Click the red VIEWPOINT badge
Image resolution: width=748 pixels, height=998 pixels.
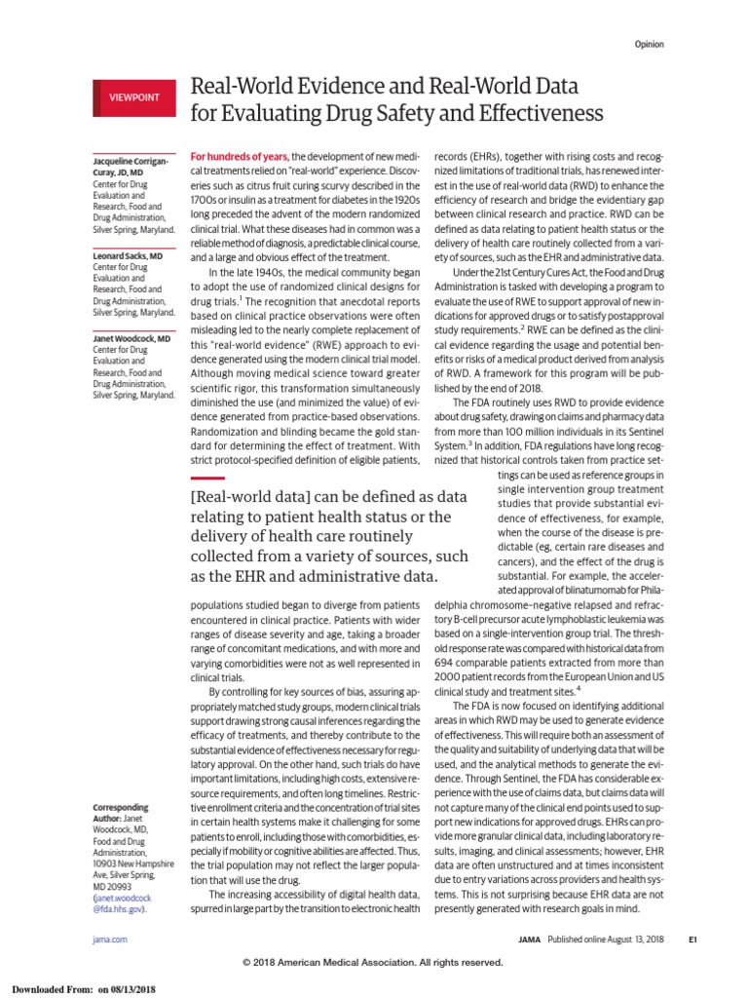133,97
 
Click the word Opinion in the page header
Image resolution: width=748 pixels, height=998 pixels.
650,45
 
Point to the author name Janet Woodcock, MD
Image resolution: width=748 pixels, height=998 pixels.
131,339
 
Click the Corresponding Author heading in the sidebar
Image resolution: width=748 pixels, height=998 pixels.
120,814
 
